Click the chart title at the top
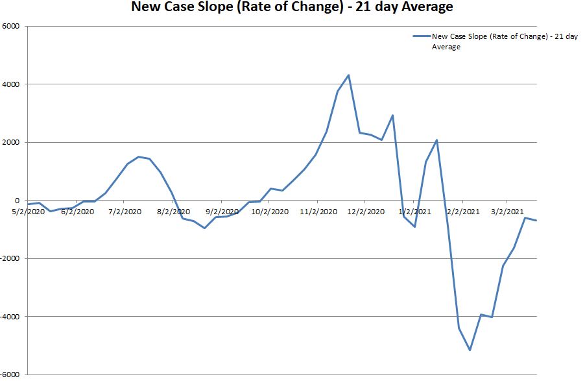pos(292,8)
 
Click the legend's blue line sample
pos(422,36)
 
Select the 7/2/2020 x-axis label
pos(125,211)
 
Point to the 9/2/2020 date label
pos(222,211)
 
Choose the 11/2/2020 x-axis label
pos(318,211)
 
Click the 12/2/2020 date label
pos(365,211)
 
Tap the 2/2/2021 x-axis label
pos(463,211)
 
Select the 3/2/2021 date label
pos(507,211)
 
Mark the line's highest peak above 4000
pos(349,75)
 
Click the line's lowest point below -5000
pos(470,350)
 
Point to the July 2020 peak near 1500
pos(139,156)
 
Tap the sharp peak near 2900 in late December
pos(393,116)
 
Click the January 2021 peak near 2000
pos(437,140)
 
